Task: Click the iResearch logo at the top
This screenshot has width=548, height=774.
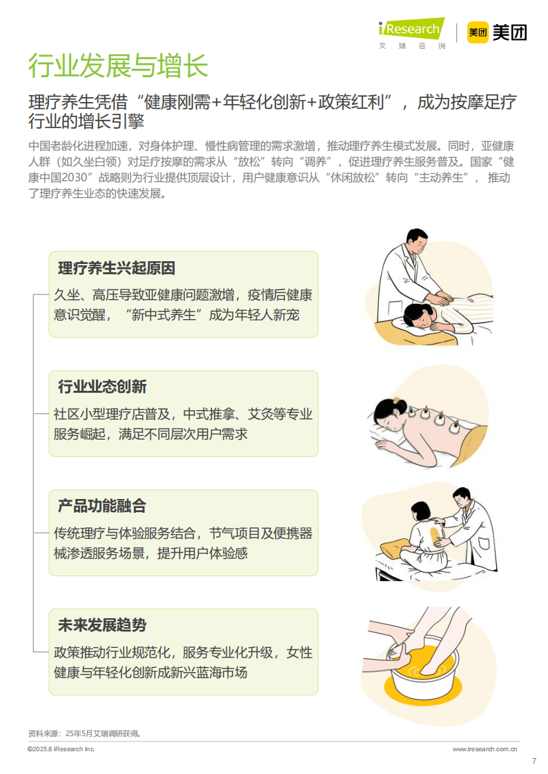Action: [412, 31]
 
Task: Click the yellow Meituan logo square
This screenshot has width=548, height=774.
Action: [477, 32]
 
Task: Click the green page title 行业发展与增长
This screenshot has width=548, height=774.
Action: [117, 66]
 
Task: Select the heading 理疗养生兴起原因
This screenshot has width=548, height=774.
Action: [116, 268]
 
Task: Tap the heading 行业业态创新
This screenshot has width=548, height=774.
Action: [101, 387]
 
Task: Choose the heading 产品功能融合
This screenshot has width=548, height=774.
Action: [101, 506]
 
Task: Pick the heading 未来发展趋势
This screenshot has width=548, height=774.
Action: [101, 625]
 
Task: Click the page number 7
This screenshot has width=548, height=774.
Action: [534, 761]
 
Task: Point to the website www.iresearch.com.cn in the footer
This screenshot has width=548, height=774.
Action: [485, 748]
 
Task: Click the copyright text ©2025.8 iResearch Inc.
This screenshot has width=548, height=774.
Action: [61, 748]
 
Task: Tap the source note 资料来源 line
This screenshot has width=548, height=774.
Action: [84, 733]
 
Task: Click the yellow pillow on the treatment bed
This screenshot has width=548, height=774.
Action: [394, 549]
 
